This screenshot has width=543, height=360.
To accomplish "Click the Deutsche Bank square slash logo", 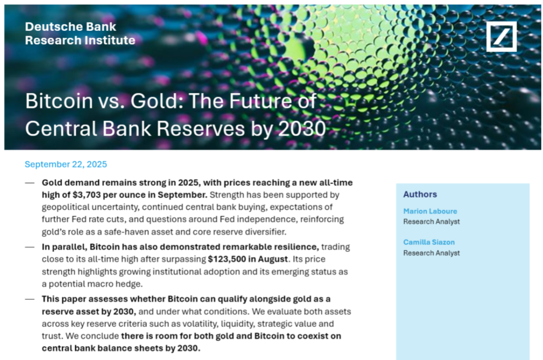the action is [x=501, y=37].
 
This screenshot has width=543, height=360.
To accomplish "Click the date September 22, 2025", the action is [x=66, y=164].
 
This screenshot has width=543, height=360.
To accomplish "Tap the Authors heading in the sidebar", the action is [x=420, y=194].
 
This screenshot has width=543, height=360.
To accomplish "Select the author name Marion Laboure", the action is [x=430, y=211].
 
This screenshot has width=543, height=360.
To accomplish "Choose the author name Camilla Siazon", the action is [x=429, y=242].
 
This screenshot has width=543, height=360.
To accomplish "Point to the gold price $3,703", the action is [x=87, y=195].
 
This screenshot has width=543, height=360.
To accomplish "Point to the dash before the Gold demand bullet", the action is [x=30, y=183].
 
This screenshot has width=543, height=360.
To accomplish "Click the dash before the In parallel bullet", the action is [x=30, y=247].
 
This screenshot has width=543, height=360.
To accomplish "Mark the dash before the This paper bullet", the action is [x=30, y=299].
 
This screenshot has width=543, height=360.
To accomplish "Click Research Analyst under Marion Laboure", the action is [x=431, y=222].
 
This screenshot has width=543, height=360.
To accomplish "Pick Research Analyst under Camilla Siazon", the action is [x=431, y=253].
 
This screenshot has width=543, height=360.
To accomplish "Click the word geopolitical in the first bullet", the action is [x=65, y=207].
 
